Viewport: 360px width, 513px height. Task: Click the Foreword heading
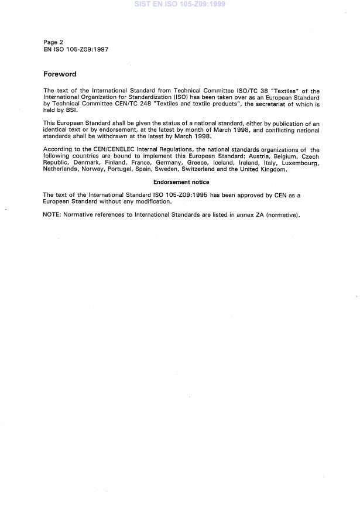[60, 74]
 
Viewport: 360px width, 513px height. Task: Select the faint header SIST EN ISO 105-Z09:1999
[180, 4]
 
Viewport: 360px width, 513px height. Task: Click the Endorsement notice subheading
[181, 182]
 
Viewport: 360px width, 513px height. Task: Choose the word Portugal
[126, 169]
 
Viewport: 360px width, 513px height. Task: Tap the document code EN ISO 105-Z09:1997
[76, 49]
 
